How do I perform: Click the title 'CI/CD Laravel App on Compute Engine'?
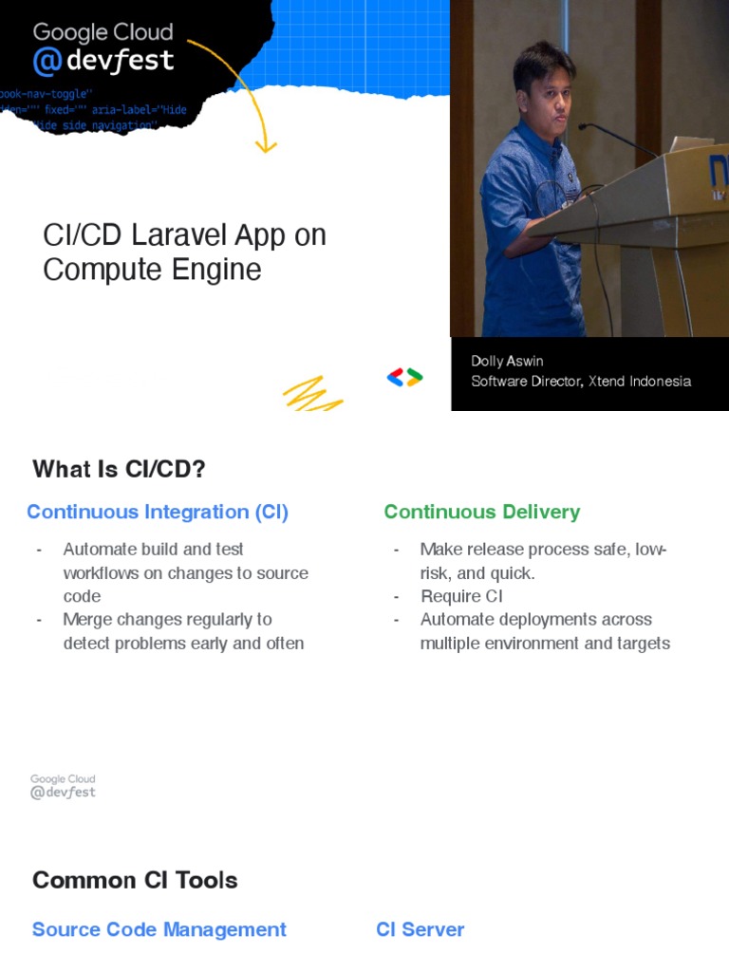coord(184,252)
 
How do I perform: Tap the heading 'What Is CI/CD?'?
coord(119,470)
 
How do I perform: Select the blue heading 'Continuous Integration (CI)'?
coord(158,513)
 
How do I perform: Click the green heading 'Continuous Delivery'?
coord(481,513)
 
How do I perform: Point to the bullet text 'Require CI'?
coord(461,596)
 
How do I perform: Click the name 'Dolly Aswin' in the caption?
coord(507,362)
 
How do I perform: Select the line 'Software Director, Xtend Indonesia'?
coord(581,382)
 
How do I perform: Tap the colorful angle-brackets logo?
coord(404,378)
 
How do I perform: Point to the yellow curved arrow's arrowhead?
coord(266,146)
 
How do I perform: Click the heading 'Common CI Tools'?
coord(135,880)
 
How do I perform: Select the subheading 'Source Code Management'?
coord(159,929)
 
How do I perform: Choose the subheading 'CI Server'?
coord(421,929)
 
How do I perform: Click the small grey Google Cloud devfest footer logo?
coord(63,786)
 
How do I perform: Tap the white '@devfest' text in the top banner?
coord(103,62)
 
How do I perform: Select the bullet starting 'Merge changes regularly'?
coord(183,631)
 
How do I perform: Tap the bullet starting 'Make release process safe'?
coord(543,561)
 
